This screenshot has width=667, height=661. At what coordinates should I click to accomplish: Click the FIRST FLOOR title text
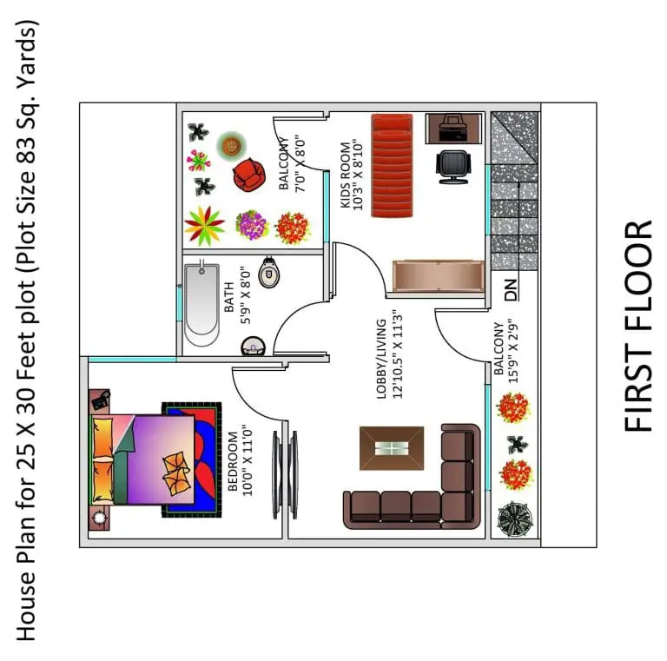click(638, 326)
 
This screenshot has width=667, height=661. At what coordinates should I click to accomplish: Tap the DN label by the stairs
click(512, 290)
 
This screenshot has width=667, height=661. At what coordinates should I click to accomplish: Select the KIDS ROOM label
click(346, 175)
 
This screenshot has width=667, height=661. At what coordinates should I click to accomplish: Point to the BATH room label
click(228, 296)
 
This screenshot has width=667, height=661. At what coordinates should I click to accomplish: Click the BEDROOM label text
click(233, 461)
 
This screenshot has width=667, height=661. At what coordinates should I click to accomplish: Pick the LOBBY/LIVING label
click(381, 359)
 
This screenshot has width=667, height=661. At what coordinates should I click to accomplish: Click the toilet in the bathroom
click(269, 272)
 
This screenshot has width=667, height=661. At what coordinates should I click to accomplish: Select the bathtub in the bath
click(201, 304)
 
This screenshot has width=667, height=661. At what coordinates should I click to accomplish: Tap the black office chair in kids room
click(453, 167)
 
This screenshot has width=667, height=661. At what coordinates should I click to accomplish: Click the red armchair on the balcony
click(249, 174)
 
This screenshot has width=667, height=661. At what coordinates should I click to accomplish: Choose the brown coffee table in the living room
click(392, 448)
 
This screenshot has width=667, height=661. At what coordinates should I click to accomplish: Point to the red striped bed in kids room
click(392, 165)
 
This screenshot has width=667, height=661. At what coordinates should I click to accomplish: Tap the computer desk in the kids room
click(454, 129)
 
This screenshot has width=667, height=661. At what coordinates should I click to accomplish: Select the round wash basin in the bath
click(253, 347)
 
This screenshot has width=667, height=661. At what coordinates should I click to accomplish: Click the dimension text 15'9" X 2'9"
click(513, 352)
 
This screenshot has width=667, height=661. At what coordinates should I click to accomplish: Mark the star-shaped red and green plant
click(204, 226)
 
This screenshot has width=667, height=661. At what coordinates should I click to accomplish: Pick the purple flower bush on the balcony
click(252, 225)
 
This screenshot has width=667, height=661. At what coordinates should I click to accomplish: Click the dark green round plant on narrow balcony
click(515, 519)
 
